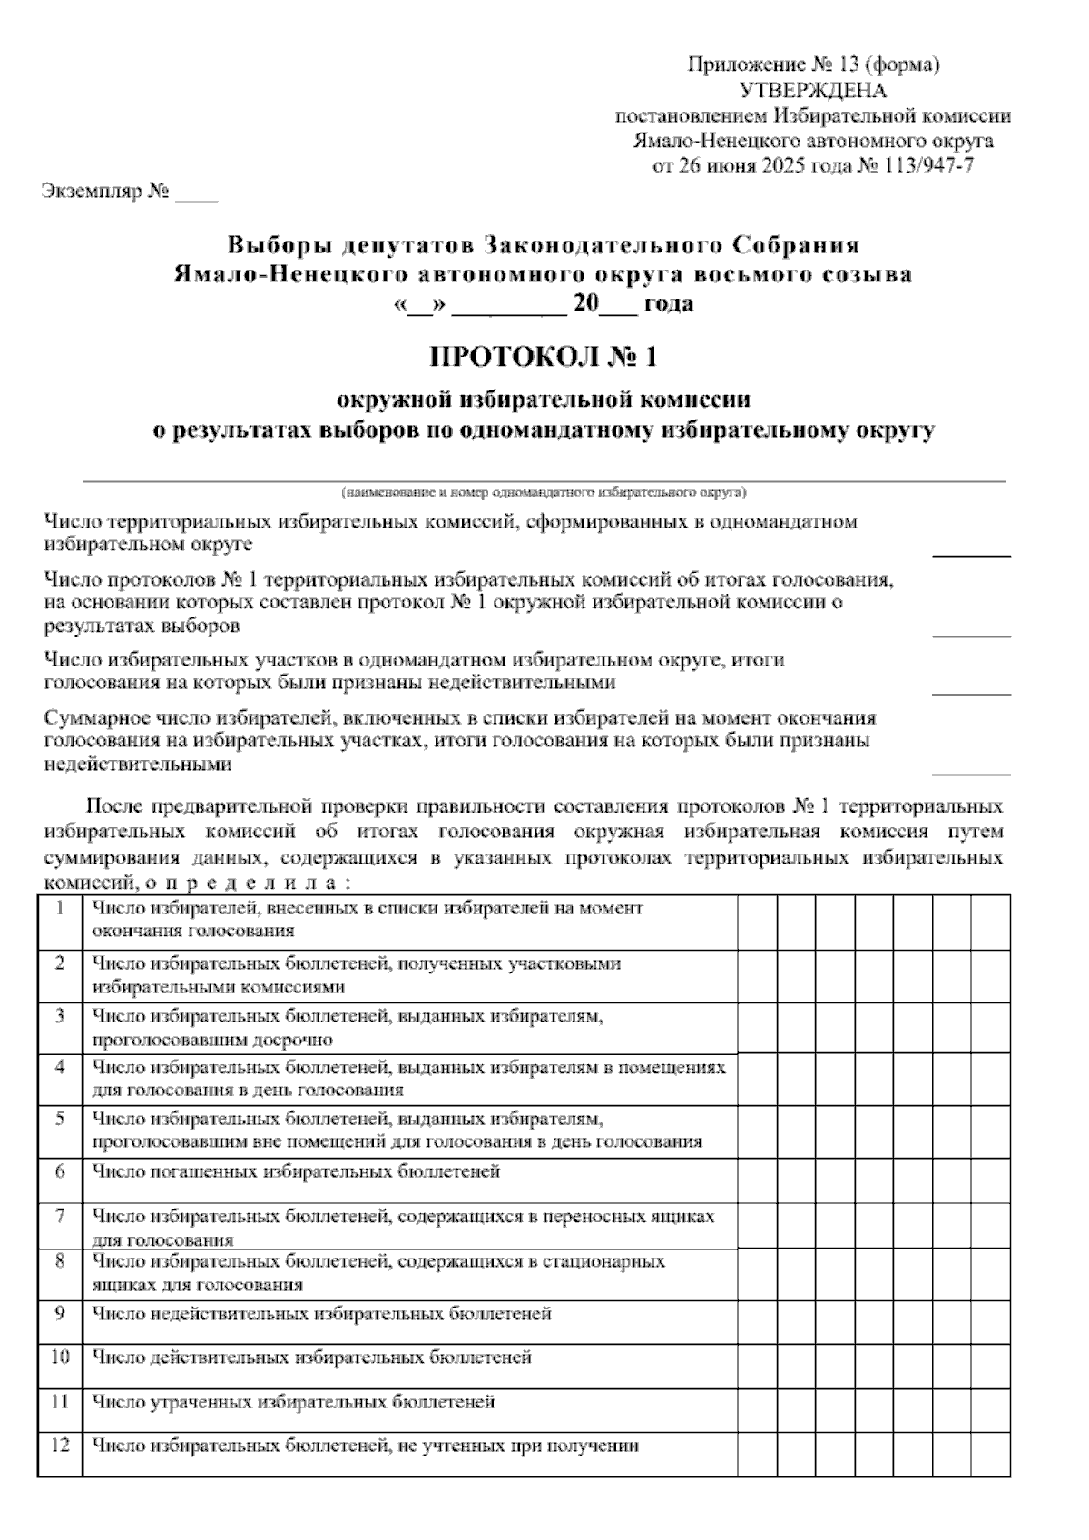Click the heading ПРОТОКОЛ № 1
pyautogui.click(x=543, y=357)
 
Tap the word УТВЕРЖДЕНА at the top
pyautogui.click(x=813, y=90)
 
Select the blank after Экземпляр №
pyautogui.click(x=196, y=194)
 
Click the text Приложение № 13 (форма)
pyautogui.click(x=813, y=64)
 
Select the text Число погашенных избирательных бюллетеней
pyautogui.click(x=296, y=1171)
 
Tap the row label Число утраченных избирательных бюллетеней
pyautogui.click(x=294, y=1402)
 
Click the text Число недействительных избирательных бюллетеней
pyautogui.click(x=322, y=1313)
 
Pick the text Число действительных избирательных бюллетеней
pyautogui.click(x=312, y=1357)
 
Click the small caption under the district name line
pyautogui.click(x=544, y=492)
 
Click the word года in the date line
pyautogui.click(x=669, y=303)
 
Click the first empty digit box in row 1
pyautogui.click(x=757, y=921)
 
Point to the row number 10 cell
pyautogui.click(x=60, y=1357)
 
